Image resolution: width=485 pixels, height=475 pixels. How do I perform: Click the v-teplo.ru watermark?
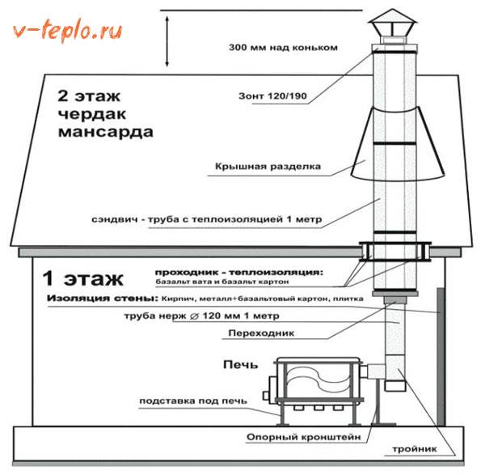66,32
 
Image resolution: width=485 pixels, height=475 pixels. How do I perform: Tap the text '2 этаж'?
85,94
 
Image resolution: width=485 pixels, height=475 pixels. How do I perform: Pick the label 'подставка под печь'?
192,401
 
